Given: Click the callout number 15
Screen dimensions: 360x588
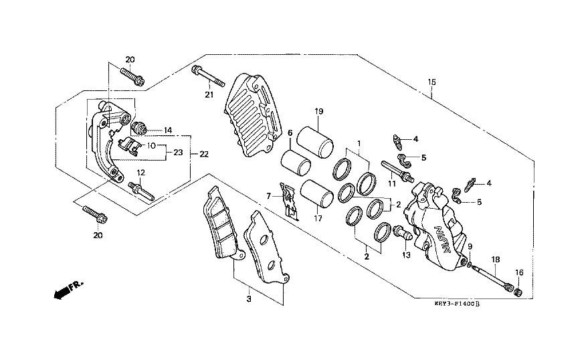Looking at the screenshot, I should (431, 82).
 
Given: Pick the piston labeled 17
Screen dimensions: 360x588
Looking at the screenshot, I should (316, 194).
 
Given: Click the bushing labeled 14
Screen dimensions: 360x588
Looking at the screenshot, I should (140, 128).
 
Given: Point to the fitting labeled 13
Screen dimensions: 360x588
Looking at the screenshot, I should (402, 234).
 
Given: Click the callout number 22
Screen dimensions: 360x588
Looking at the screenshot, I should (203, 155).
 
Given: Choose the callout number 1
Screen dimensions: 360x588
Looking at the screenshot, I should (359, 143).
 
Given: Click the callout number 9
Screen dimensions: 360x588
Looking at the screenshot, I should (470, 247).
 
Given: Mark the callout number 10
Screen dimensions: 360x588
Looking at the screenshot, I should (151, 145).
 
